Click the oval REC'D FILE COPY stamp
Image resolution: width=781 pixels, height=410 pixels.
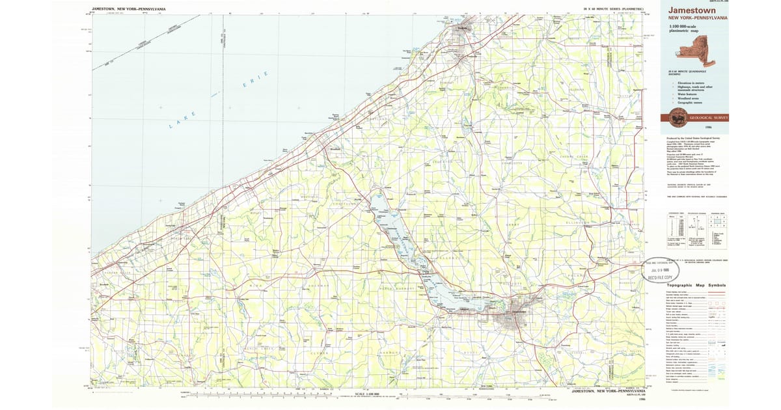pos(659,271)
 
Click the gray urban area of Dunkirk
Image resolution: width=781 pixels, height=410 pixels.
pos(462,30)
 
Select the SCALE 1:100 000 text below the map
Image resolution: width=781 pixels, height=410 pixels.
pos(367,394)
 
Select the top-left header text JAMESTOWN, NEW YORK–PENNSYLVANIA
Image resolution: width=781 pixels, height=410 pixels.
pos(128,9)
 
